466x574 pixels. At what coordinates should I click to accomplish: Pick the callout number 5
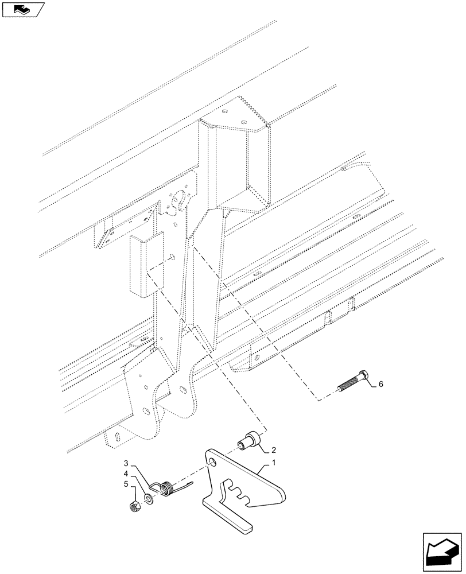pos(125,484)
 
